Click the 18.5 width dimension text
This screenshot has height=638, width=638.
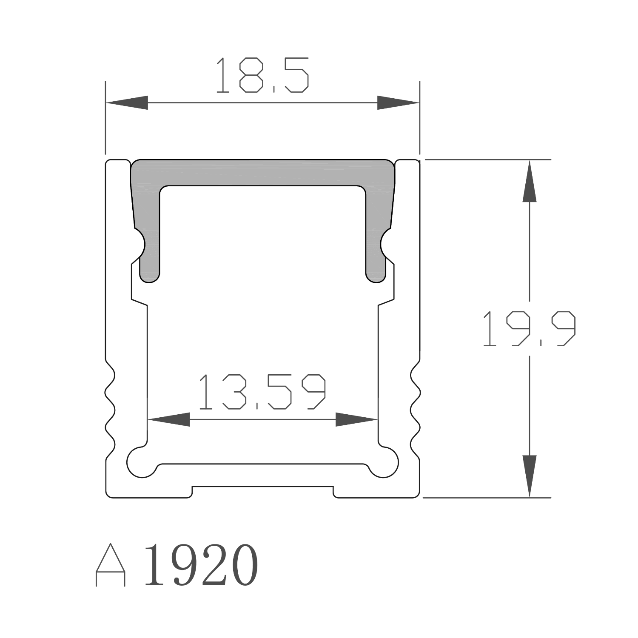(262, 75)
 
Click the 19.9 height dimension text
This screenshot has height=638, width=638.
(529, 328)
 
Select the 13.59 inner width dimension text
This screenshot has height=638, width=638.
(262, 392)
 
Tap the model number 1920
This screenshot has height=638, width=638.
(201, 565)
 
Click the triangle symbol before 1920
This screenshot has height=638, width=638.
(111, 565)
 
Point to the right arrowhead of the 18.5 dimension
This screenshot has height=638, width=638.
(398, 103)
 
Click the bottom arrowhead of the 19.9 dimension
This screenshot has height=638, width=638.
(529, 476)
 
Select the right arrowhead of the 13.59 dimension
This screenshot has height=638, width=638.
(356, 419)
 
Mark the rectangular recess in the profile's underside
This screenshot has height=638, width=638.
(262, 492)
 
